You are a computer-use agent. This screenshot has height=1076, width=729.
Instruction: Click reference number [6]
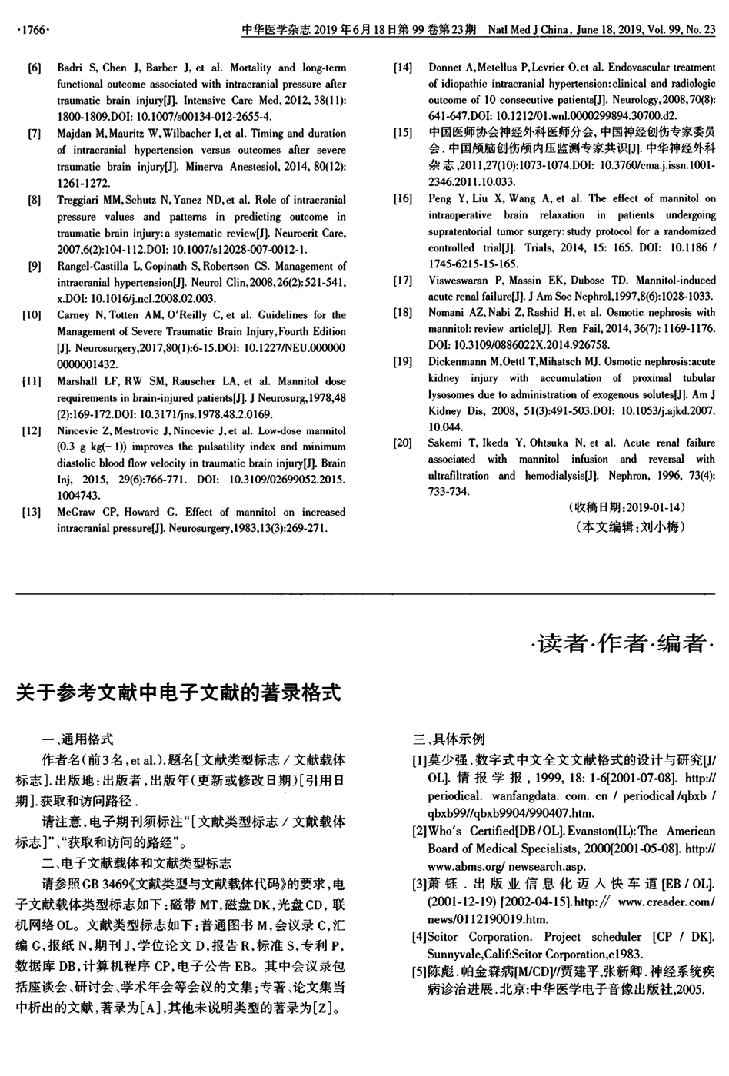pyautogui.click(x=34, y=68)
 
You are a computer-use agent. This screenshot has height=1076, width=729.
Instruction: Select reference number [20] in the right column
pyautogui.click(x=402, y=443)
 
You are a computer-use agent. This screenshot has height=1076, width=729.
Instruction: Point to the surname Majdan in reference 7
pyautogui.click(x=75, y=134)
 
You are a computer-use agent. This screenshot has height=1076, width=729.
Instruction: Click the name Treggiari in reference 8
pyautogui.click(x=80, y=200)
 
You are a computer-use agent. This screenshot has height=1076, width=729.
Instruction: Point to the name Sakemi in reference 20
pyautogui.click(x=446, y=443)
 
